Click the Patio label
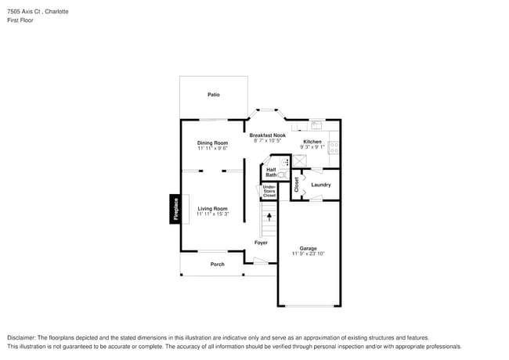pyautogui.click(x=213, y=95)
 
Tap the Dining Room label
pyautogui.click(x=212, y=142)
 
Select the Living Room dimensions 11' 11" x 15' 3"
pyautogui.click(x=212, y=214)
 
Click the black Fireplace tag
pyautogui.click(x=175, y=209)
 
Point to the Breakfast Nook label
pyautogui.click(x=267, y=135)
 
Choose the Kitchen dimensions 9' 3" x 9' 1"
pyautogui.click(x=312, y=147)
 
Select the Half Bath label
pyautogui.click(x=271, y=172)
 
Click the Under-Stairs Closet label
pyautogui.click(x=269, y=191)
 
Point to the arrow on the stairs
pyautogui.click(x=269, y=216)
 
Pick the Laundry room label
pyautogui.click(x=320, y=185)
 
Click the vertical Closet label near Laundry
pyautogui.click(x=297, y=185)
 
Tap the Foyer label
pyautogui.click(x=261, y=243)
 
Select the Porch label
pyautogui.click(x=217, y=264)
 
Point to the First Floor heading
pyautogui.click(x=20, y=20)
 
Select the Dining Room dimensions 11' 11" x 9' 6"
pyautogui.click(x=212, y=148)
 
